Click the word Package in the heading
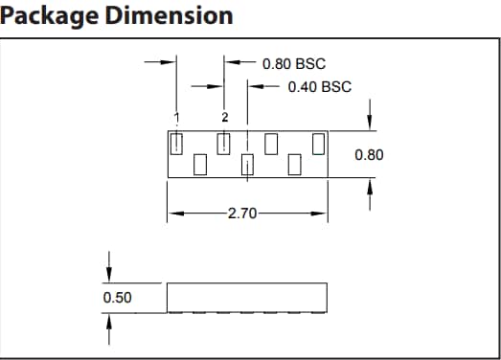(x=49, y=16)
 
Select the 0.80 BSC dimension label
(x=294, y=64)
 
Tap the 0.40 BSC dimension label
(x=319, y=87)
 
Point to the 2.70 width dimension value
(x=244, y=214)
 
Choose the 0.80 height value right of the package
(x=369, y=154)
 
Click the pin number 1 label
(x=176, y=117)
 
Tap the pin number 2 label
(x=224, y=117)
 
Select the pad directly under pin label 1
(x=176, y=144)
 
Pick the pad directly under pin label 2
(x=224, y=144)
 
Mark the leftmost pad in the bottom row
(x=200, y=165)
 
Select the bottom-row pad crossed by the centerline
(x=247, y=165)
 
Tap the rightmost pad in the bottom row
(x=295, y=165)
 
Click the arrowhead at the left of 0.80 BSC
(x=229, y=64)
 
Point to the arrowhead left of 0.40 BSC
(x=253, y=87)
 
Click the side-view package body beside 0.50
(x=247, y=297)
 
